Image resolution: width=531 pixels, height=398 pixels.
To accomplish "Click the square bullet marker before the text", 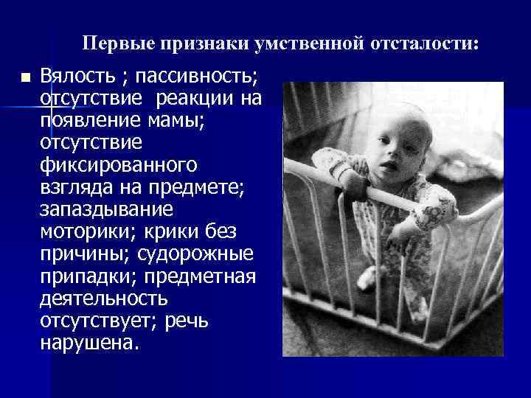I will (x=26, y=77).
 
